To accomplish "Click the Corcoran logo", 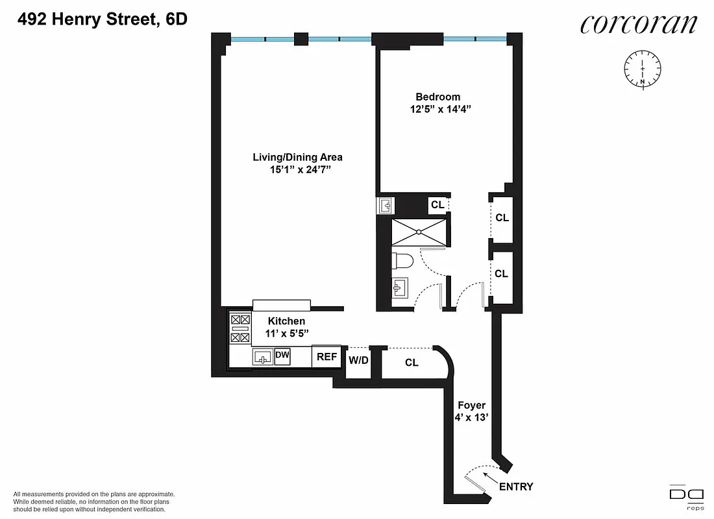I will click(639, 24).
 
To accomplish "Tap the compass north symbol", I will click(642, 68).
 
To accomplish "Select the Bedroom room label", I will click(438, 97).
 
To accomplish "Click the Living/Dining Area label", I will click(297, 157).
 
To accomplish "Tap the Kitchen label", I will click(286, 321).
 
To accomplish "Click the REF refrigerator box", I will click(326, 357).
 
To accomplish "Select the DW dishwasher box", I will click(282, 356).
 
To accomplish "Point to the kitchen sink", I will click(263, 357).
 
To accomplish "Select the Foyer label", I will click(471, 405).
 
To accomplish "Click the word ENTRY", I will click(516, 487).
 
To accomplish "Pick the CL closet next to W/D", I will click(412, 363).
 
